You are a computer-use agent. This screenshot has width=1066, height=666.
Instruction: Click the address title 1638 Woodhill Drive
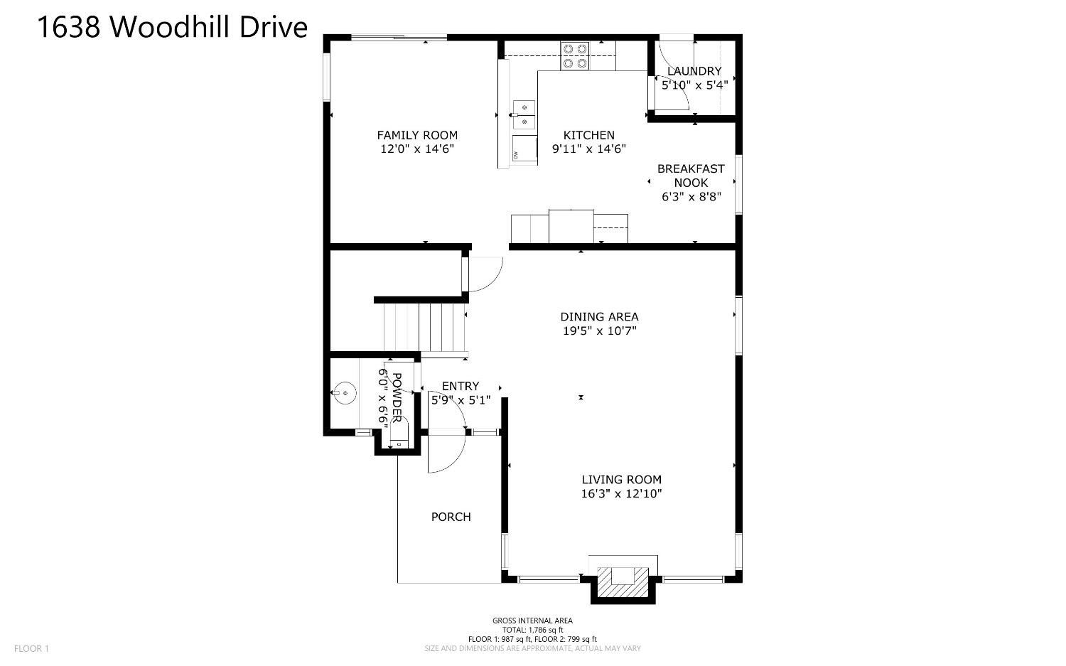click(x=172, y=27)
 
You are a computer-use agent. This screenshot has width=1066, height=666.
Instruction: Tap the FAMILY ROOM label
click(x=417, y=135)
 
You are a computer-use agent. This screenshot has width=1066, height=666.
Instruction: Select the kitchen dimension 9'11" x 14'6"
click(x=588, y=149)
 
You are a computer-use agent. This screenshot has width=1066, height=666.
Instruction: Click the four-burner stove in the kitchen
click(x=575, y=55)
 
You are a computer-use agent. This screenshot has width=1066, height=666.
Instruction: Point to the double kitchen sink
click(x=524, y=114)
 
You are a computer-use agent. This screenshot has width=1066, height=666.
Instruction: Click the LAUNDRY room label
click(x=694, y=71)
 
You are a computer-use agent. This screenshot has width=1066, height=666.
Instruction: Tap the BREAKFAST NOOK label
click(x=691, y=176)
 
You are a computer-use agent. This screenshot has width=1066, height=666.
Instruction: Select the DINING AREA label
click(x=599, y=316)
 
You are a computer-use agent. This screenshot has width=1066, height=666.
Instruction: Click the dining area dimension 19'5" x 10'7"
click(x=600, y=331)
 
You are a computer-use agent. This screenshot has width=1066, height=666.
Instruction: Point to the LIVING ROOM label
click(x=622, y=479)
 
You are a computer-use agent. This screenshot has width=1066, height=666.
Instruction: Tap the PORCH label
click(x=451, y=517)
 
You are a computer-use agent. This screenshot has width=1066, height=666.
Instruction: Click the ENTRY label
click(x=461, y=386)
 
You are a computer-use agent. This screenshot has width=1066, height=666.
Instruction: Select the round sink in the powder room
click(x=345, y=393)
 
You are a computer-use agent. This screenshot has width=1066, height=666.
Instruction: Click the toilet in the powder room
click(x=399, y=434)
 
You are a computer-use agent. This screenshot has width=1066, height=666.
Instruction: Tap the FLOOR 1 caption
click(x=31, y=648)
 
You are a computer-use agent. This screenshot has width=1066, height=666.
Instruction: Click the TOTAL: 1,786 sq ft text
click(x=532, y=630)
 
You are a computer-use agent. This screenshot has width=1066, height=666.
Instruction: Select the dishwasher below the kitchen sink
click(x=524, y=150)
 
